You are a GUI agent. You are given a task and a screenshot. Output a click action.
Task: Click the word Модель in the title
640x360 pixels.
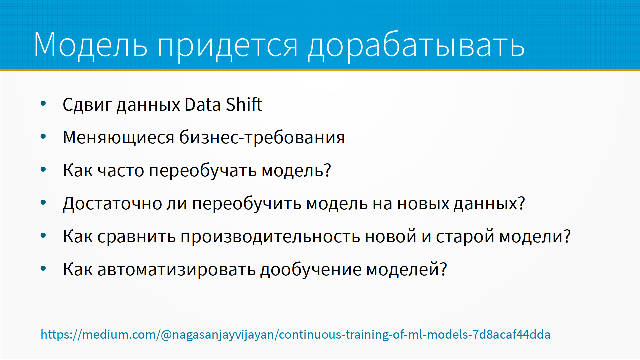90,45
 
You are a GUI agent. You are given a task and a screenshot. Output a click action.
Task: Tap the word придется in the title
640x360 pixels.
227,47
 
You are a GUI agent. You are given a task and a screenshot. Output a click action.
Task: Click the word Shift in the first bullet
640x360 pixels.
244,104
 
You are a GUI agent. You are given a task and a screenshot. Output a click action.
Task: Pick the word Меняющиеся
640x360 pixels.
118,138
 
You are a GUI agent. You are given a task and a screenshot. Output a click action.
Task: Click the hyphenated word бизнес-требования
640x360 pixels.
262,137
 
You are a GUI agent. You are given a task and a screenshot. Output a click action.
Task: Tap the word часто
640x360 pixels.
121,171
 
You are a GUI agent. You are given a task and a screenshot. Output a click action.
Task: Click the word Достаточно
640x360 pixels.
112,204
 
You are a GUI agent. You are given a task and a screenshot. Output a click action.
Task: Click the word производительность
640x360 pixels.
270,237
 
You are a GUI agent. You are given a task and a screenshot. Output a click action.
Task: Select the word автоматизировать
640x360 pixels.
176,269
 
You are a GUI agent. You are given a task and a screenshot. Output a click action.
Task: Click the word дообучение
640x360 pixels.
311,269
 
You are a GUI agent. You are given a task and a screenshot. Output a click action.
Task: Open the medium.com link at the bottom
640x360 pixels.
295,334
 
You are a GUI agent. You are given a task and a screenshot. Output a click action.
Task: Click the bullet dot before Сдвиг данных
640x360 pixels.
43,104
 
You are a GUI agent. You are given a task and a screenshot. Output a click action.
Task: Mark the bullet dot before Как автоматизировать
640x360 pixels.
43,268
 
